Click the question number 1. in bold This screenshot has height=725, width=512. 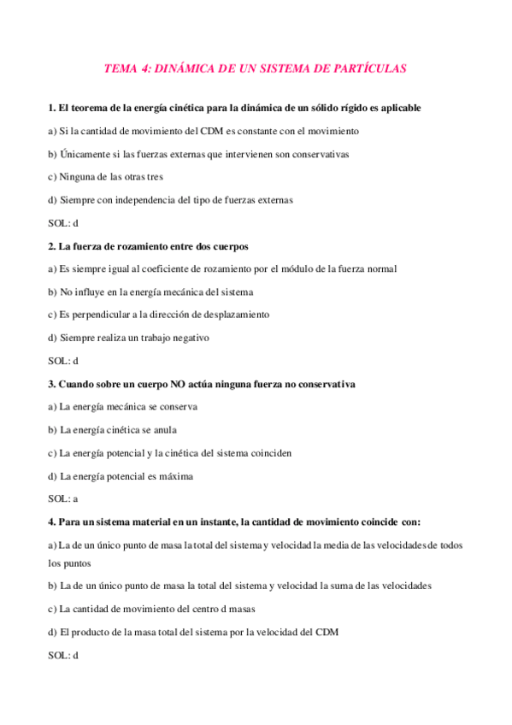(52, 109)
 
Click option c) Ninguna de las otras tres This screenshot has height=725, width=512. (105, 177)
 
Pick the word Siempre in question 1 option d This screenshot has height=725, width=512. (76, 200)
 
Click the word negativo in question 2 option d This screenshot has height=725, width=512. (190, 338)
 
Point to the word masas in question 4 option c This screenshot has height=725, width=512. (240, 610)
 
